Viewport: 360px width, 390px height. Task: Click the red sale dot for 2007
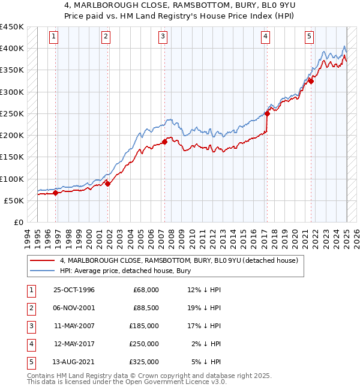click(164, 142)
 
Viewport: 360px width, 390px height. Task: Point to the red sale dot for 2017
click(267, 113)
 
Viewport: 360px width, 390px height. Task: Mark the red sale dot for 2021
click(311, 81)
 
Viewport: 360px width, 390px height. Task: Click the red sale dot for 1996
click(56, 193)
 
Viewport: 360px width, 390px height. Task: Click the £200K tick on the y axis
click(12, 136)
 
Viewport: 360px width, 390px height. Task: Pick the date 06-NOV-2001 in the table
click(74, 308)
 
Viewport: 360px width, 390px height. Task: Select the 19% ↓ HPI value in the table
click(204, 308)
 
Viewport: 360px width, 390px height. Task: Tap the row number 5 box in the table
click(31, 362)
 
